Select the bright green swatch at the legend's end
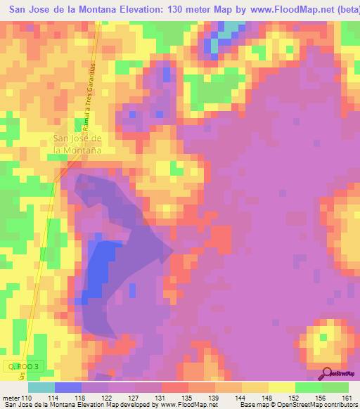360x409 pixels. pos(335,387)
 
